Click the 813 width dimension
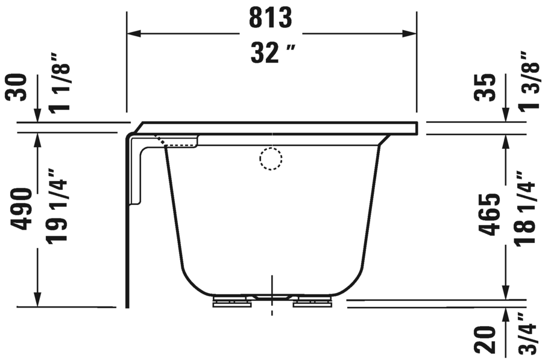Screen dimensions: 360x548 click(x=271, y=18)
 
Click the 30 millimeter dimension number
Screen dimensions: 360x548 click(x=17, y=87)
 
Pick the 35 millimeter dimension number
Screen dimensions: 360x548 click(x=488, y=87)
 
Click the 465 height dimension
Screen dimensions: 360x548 click(x=490, y=215)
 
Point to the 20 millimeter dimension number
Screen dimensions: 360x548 click(x=488, y=339)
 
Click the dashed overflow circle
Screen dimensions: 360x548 click(x=271, y=159)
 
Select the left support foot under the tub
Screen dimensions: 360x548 click(x=232, y=301)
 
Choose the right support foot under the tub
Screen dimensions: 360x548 click(x=312, y=301)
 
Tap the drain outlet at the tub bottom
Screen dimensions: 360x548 click(x=272, y=297)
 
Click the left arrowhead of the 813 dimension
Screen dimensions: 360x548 click(x=133, y=34)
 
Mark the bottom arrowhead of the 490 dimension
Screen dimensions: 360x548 click(x=37, y=299)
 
